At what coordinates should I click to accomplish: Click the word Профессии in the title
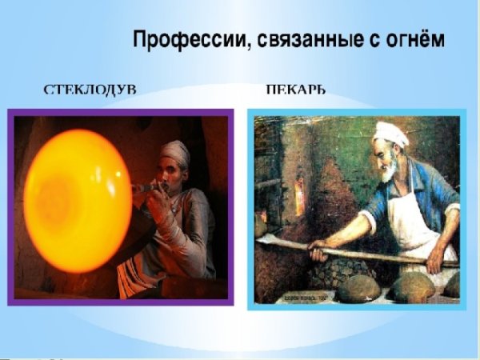185,40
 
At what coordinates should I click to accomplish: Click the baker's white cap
390,133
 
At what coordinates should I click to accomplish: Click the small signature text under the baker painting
305,298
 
